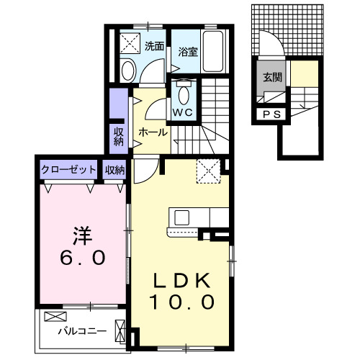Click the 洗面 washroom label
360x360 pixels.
tap(153, 47)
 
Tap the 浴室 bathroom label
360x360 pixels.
tap(188, 51)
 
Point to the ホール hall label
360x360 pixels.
tap(153, 132)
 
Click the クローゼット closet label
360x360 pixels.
tap(69, 170)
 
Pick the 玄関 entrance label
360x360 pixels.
tap(271, 78)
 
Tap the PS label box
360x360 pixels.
tap(271, 114)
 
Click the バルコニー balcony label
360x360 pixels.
tap(82, 332)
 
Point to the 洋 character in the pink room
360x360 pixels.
tap(81, 235)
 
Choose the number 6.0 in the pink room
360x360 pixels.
tap(81, 257)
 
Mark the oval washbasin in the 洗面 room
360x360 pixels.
tap(128, 70)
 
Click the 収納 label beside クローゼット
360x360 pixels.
tap(115, 170)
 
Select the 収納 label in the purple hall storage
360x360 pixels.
tap(118, 136)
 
